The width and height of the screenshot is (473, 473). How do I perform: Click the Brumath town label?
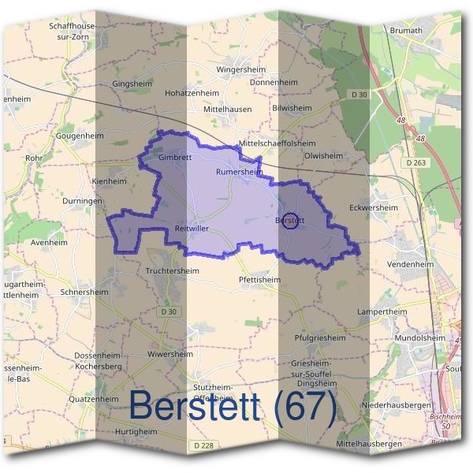pos(406,31)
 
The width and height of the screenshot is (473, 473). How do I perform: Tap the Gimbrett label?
pos(175,157)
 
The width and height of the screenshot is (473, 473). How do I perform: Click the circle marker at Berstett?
pos(289,221)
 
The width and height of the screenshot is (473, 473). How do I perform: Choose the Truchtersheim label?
pos(173,270)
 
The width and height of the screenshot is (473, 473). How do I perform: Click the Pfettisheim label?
pos(259,279)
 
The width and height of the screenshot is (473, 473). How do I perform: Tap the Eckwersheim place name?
pos(373,207)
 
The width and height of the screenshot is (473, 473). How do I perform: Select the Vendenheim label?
pos(412,264)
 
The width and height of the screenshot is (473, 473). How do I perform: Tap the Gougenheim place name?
pos(80,136)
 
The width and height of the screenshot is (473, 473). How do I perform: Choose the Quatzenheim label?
pos(93,399)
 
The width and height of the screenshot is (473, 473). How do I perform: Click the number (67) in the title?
pos(303,404)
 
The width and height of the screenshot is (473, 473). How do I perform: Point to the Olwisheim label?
pos(323,156)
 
